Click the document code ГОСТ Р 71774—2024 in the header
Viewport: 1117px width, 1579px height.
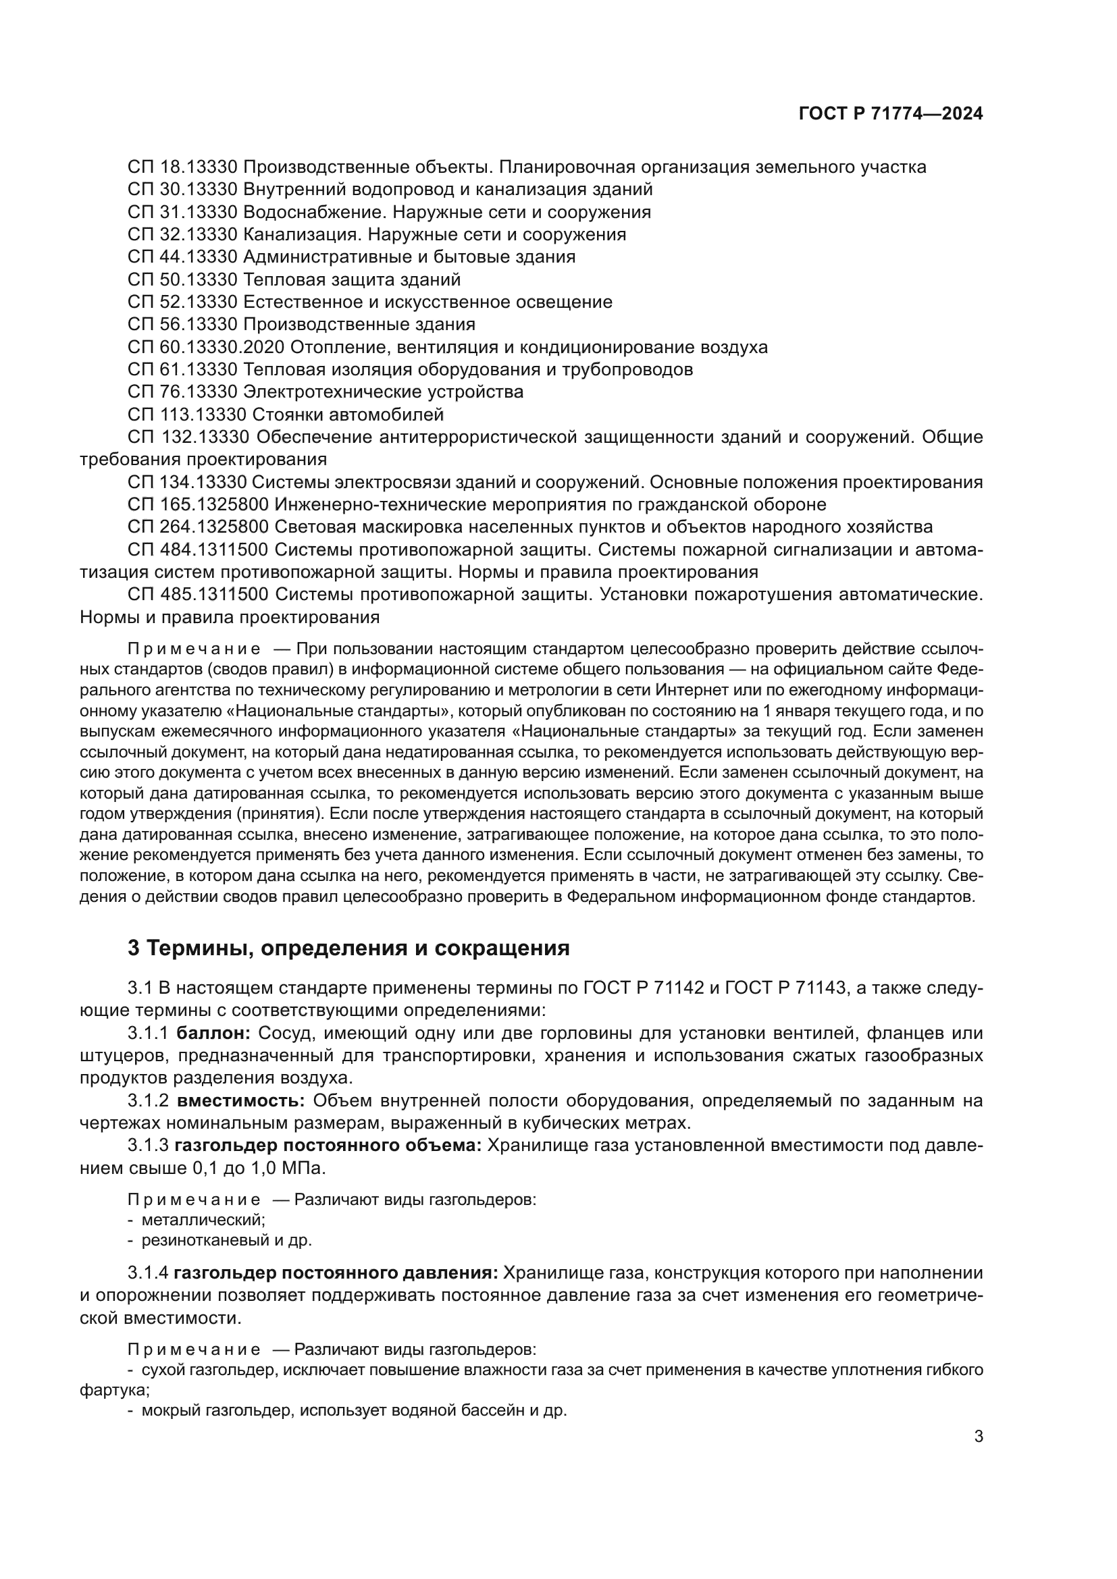pyautogui.click(x=890, y=114)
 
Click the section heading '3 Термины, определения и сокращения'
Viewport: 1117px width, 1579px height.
pyautogui.click(x=348, y=948)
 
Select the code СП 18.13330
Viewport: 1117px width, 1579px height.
pyautogui.click(x=182, y=167)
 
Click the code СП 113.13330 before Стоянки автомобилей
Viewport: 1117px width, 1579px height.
pyautogui.click(x=187, y=414)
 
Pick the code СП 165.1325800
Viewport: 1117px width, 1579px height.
pyautogui.click(x=198, y=505)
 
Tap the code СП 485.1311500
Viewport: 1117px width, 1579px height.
pyautogui.click(x=198, y=594)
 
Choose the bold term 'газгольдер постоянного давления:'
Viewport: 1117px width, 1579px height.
pyautogui.click(x=336, y=1273)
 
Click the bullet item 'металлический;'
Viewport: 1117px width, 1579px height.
pyautogui.click(x=203, y=1220)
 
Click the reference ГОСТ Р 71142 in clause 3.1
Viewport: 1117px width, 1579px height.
pyautogui.click(x=643, y=988)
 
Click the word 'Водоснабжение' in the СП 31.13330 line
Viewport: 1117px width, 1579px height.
pyautogui.click(x=307, y=212)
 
